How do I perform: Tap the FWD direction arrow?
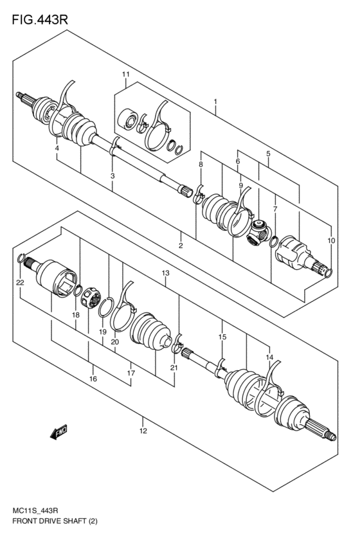(59, 433)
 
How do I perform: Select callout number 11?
(126, 75)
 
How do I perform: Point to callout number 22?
(20, 282)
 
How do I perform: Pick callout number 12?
(144, 430)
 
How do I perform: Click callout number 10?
(331, 240)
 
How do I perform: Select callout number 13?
(165, 273)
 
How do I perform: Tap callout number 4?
(57, 149)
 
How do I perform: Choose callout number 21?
(172, 367)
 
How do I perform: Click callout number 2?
(181, 246)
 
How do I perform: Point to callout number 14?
(270, 357)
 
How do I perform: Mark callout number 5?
(267, 154)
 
